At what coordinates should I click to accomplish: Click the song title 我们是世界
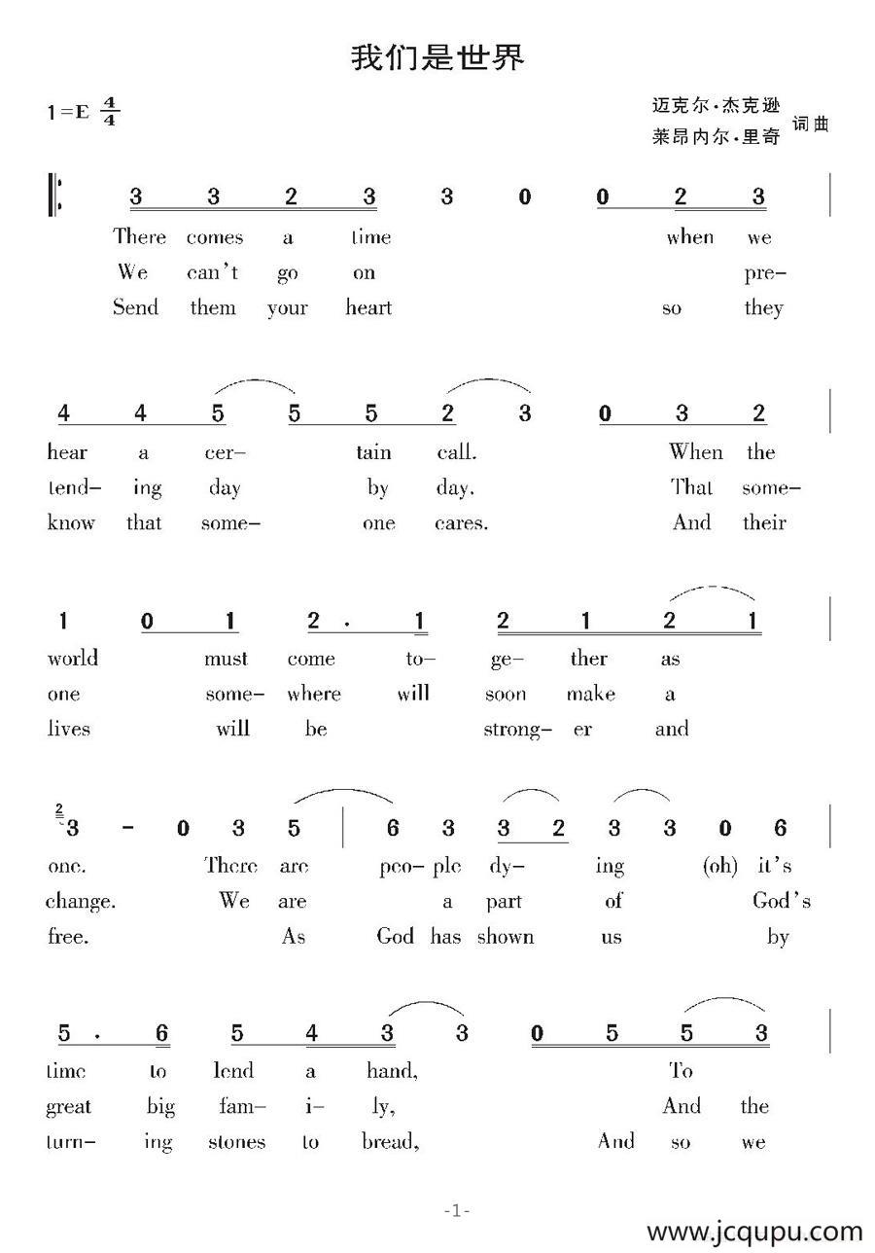(x=437, y=58)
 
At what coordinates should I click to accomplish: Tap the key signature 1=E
(x=67, y=112)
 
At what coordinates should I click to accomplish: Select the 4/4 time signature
(x=109, y=112)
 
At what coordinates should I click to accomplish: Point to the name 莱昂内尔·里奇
(x=716, y=137)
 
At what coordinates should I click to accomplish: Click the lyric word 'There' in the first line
(x=139, y=237)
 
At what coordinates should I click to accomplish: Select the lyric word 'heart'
(x=368, y=308)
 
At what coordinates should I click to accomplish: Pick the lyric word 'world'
(x=73, y=659)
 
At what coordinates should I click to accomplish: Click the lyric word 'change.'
(x=80, y=902)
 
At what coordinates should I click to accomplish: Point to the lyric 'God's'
(x=782, y=902)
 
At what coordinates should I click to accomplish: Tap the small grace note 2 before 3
(x=59, y=809)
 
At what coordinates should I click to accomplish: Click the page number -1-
(x=457, y=1211)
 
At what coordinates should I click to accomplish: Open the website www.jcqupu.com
(x=754, y=1233)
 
